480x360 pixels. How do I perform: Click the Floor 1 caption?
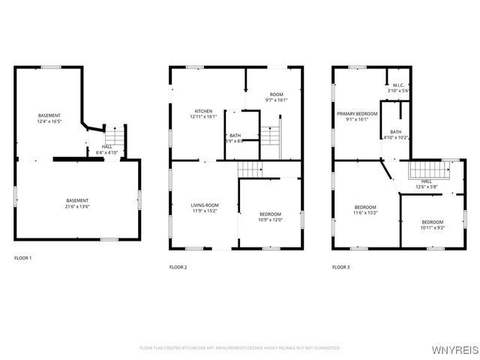tap(23, 258)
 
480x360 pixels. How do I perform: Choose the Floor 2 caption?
tap(178, 267)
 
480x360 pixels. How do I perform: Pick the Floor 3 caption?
tap(342, 267)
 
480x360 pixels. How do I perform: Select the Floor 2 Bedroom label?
tap(270, 195)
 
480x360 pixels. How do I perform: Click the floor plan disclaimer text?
tap(240, 348)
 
